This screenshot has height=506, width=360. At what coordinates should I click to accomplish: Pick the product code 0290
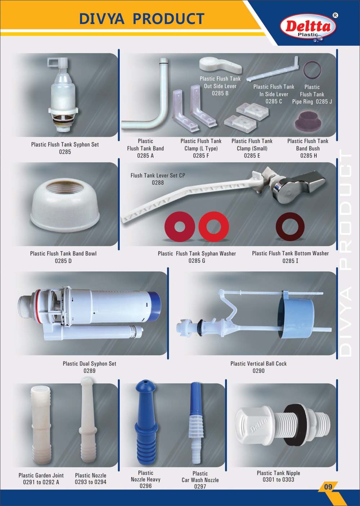click(x=258, y=371)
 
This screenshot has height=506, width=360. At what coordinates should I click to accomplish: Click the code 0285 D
click(x=63, y=261)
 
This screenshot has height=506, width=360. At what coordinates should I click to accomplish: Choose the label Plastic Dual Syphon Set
click(x=90, y=364)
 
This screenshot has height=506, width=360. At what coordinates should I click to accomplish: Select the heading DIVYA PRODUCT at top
click(x=142, y=18)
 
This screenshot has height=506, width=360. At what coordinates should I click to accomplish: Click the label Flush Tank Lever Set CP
click(x=158, y=176)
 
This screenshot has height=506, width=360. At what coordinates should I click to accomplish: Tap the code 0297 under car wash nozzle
click(x=200, y=486)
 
